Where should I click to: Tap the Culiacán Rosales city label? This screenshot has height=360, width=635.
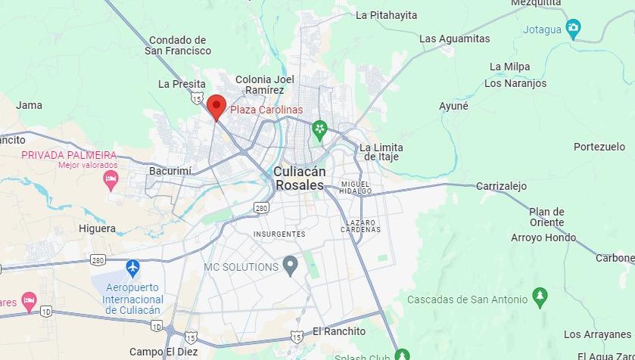click(x=299, y=178)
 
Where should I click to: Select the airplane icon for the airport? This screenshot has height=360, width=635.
click(x=133, y=267)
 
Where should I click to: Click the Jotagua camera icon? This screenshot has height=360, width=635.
click(x=574, y=29)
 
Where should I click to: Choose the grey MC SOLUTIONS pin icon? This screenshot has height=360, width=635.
click(x=290, y=265)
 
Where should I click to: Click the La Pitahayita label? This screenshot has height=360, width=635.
click(x=386, y=14)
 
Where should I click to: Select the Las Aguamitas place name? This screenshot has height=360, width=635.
click(x=454, y=39)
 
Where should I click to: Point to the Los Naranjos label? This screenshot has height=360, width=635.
click(x=515, y=83)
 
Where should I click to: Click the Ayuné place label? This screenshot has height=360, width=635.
click(x=453, y=106)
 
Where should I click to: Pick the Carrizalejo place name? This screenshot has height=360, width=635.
click(x=501, y=186)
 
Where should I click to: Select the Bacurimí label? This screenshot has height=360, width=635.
click(x=170, y=171)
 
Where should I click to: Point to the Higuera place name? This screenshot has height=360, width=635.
click(x=97, y=228)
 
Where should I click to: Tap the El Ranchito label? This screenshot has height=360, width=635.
click(x=338, y=331)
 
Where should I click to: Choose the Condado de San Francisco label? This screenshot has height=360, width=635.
click(x=178, y=45)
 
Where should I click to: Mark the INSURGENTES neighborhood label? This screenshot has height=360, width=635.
click(x=279, y=234)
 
